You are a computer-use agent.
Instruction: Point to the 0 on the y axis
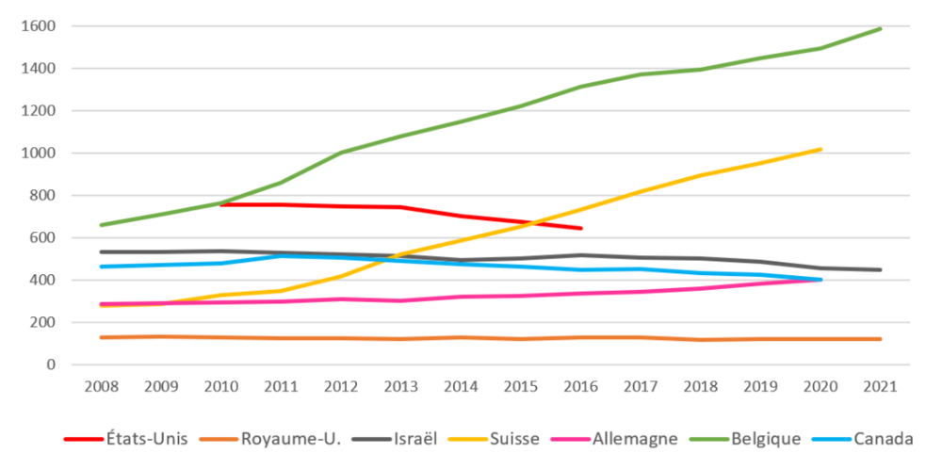[x=51, y=365]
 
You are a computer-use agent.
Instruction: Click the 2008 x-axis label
[x=101, y=386]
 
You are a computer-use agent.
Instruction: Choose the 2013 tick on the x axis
[x=400, y=386]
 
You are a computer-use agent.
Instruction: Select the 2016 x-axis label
[x=580, y=386]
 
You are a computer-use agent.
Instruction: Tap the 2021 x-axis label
[x=880, y=386]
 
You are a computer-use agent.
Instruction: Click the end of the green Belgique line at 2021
[x=880, y=28]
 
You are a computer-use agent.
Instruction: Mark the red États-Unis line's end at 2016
[x=580, y=228]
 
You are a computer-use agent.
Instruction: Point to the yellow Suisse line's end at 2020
[x=820, y=149]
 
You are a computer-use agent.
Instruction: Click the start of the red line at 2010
[x=220, y=203]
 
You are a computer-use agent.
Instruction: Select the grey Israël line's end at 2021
[x=880, y=270]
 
